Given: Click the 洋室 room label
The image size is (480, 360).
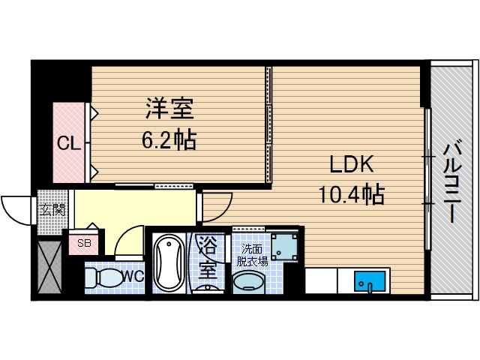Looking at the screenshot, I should (x=169, y=109).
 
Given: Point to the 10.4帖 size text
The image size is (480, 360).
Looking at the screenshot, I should (x=350, y=195).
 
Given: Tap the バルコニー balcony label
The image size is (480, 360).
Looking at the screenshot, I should (x=451, y=180).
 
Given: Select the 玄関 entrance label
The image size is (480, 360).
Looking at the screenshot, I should (x=52, y=209).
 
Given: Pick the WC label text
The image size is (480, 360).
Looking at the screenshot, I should (x=133, y=277).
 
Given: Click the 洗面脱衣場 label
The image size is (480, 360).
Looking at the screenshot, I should (x=252, y=255).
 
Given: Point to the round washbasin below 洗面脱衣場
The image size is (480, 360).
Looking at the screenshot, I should (x=248, y=283).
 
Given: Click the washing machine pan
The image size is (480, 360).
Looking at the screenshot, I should (x=284, y=245).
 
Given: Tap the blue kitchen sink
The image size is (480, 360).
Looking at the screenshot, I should (x=369, y=283).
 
